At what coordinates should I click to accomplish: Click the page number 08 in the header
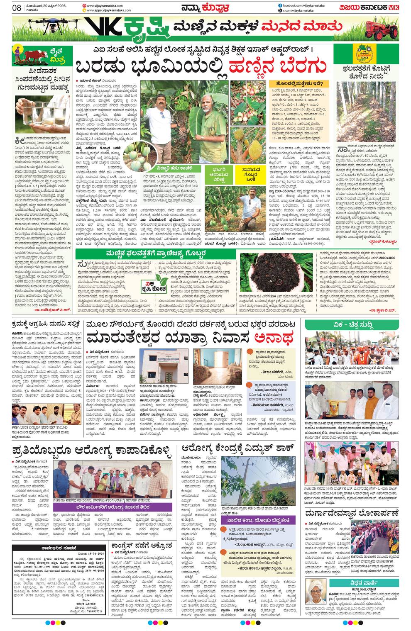[x=17, y=7]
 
